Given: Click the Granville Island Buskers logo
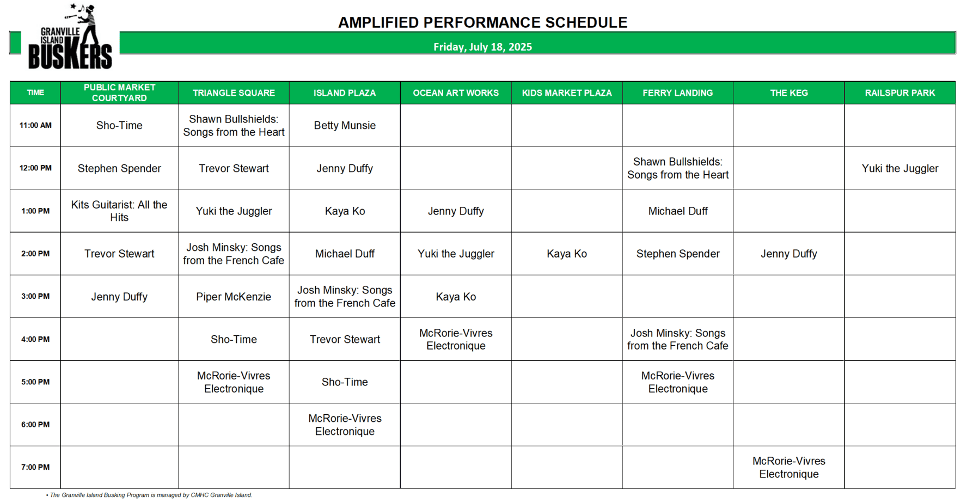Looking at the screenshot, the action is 70,36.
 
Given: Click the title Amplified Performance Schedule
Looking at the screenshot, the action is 482,22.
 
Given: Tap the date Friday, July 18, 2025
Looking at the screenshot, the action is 482,47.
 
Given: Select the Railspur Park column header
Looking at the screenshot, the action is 899,93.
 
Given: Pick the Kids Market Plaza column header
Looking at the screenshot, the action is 567,93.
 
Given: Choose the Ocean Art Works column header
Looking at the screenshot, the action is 456,93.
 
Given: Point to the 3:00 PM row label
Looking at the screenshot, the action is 35,297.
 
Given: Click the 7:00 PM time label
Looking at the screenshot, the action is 35,468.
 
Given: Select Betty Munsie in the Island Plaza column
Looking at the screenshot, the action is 345,126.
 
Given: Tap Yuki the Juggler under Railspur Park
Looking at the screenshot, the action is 899,169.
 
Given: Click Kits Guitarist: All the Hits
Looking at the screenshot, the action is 119,211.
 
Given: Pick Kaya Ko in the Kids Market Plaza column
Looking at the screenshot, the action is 567,254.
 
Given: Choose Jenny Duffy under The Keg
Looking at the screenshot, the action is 788,254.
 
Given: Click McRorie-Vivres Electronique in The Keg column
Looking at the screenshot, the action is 788,468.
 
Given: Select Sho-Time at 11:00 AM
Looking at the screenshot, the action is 119,126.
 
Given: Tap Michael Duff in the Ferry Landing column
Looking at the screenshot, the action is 677,211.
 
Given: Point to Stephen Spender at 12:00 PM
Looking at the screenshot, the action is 119,169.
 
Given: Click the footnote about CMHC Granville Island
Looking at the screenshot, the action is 149,495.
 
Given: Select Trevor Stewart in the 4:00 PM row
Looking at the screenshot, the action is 345,340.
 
